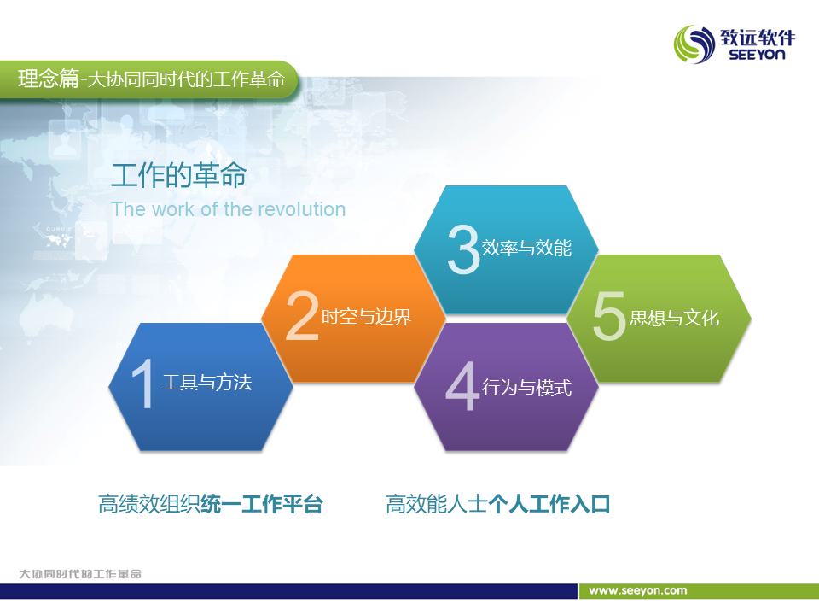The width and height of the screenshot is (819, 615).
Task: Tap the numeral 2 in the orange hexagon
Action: coord(302,316)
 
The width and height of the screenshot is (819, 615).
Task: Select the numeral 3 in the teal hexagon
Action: coord(463,249)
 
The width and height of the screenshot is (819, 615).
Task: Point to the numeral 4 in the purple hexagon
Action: coord(462,386)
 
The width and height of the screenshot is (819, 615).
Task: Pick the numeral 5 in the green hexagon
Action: coord(609,316)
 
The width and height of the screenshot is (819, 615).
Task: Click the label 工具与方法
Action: coord(207,383)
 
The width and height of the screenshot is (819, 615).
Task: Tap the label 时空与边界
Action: coord(366,316)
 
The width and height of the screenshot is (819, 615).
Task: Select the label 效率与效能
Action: coord(526,248)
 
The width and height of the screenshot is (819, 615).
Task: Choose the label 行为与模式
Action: coord(526,388)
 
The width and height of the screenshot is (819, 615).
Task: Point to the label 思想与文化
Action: coord(674,318)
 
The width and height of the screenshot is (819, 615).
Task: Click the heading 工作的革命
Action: coord(178,174)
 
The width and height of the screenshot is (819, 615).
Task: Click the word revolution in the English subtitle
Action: coord(302,209)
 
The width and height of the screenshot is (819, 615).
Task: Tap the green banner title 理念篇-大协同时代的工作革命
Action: coord(152,79)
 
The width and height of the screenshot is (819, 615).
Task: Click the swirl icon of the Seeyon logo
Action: coord(694,44)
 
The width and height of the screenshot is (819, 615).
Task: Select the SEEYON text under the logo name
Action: coord(757,55)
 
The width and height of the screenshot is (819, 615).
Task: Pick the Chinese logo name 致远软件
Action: coord(758,37)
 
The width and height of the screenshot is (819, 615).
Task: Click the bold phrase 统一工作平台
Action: coord(262,504)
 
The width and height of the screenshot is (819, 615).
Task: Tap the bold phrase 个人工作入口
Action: coord(549,504)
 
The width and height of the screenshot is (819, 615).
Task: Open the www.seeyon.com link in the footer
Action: coord(638,591)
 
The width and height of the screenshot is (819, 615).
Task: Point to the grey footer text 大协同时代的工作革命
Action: coord(80,574)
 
